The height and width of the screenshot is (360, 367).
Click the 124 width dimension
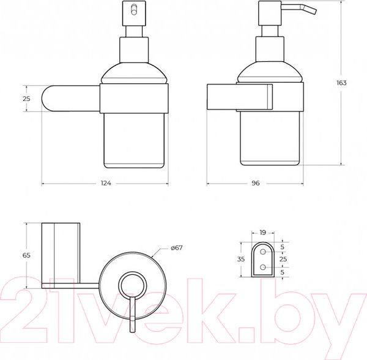tap(106, 183)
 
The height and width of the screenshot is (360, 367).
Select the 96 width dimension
tap(256, 183)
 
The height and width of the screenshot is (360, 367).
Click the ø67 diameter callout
tap(176, 247)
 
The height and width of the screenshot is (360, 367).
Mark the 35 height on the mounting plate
tap(241, 259)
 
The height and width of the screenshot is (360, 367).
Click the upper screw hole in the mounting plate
tap(262, 250)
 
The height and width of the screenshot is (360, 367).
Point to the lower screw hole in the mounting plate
tap(262, 268)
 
